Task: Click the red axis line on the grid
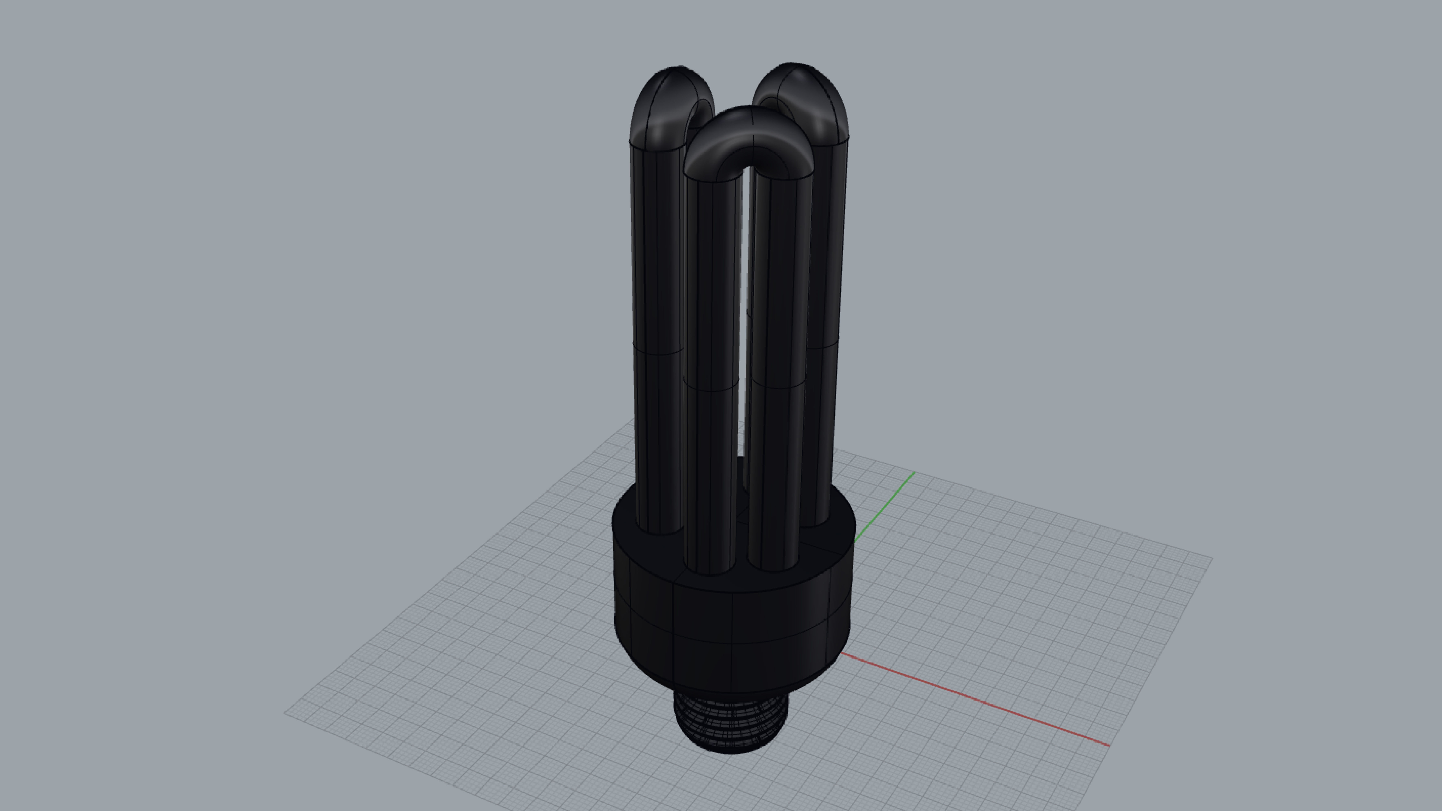pos(974,700)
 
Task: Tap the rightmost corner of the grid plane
pos(1211,557)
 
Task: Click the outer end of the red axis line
pos(1108,745)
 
